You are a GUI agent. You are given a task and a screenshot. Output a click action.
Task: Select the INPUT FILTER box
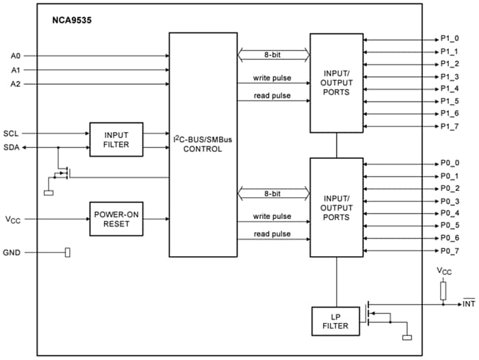coord(116,140)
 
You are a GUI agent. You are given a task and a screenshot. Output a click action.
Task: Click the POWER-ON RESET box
coord(116,219)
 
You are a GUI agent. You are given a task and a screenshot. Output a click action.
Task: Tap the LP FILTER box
coord(335,321)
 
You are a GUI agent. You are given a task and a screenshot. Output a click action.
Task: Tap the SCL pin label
coord(12,133)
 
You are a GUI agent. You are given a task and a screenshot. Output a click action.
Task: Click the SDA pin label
coord(12,146)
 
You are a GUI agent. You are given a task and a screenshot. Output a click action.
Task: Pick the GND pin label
coord(12,253)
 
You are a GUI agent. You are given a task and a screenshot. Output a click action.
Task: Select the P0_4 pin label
coord(450,214)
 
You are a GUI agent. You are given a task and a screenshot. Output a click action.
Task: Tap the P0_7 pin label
coord(450,251)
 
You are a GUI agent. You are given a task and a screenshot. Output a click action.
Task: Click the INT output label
coord(469,303)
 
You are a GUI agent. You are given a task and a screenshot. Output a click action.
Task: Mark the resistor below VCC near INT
coord(443,291)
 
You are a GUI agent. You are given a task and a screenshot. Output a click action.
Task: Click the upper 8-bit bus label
coord(272,53)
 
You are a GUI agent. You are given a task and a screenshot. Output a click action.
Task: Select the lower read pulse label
coord(272,234)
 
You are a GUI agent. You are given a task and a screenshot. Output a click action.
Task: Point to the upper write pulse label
coord(272,78)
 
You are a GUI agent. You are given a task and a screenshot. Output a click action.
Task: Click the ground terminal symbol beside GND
coord(67,253)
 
